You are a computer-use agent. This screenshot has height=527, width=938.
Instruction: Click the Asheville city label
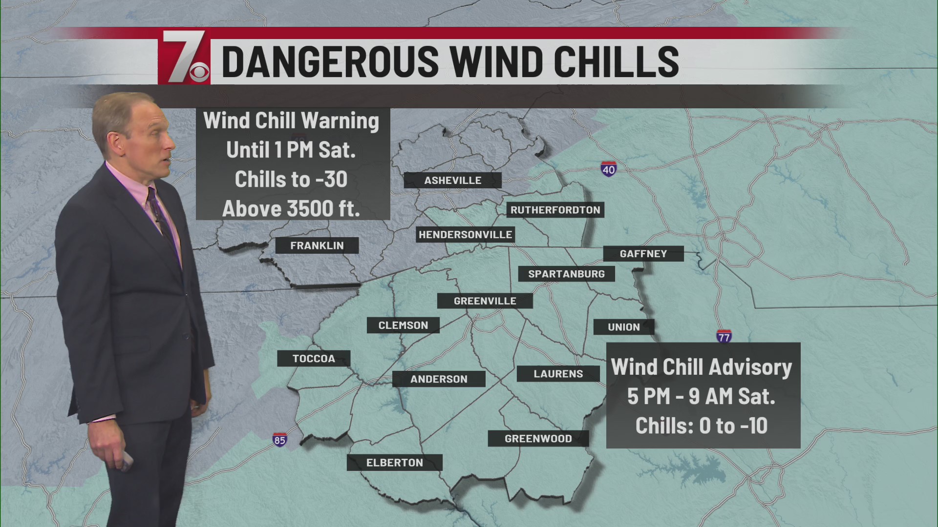452,181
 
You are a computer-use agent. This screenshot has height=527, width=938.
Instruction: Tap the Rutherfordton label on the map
555,210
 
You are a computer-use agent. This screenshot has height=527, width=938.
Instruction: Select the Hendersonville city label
465,235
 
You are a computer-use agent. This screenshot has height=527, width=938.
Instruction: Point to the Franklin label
317,245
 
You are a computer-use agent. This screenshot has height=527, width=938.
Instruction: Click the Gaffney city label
643,254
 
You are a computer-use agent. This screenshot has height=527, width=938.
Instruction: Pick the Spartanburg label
566,274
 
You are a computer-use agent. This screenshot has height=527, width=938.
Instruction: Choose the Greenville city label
485,301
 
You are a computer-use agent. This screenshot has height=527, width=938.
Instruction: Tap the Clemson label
403,325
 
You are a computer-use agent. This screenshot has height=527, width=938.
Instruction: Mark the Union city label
623,327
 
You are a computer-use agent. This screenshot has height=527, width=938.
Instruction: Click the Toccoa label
314,359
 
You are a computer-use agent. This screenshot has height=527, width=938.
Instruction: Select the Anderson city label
439,379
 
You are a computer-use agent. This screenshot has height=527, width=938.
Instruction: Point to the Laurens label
558,374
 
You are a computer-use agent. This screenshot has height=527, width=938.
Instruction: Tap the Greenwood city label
538,439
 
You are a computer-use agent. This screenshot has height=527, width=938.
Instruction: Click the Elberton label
394,463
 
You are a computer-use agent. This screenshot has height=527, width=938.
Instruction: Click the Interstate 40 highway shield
608,169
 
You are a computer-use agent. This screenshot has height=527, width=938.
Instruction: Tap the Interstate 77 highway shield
724,336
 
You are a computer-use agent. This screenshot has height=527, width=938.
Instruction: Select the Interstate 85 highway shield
279,439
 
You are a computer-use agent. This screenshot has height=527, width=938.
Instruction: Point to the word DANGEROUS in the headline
330,61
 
